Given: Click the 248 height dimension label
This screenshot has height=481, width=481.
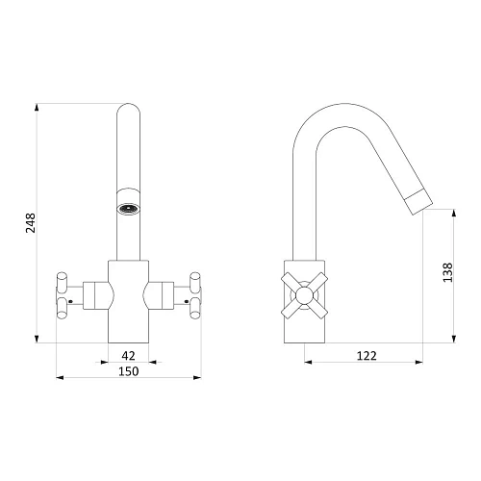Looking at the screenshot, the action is [x=31, y=222].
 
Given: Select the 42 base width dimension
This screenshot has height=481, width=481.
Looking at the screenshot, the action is [x=128, y=355].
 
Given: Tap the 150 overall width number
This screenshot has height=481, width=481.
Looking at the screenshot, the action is [x=129, y=371].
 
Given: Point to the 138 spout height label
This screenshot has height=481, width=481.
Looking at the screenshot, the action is [x=447, y=272].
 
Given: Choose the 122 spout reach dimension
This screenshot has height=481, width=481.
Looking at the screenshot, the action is [x=367, y=356].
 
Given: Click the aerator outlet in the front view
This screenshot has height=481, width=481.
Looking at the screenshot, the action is [x=128, y=209].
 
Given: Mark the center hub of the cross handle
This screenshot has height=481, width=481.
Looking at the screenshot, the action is [x=304, y=295].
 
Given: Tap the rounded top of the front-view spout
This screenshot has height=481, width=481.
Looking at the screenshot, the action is [x=128, y=108].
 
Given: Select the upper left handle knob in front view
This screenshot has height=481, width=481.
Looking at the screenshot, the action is [x=62, y=282].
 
